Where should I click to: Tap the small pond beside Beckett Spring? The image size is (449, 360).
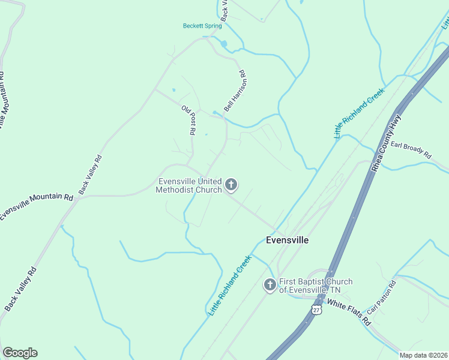pyautogui.click(x=224, y=44)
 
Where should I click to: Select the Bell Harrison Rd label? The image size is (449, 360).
pyautogui.click(x=236, y=91)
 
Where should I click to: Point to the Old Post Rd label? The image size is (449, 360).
pyautogui.click(x=188, y=120)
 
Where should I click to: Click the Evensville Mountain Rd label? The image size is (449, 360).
pyautogui.click(x=36, y=207)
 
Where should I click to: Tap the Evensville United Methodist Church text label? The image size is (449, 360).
pyautogui.click(x=190, y=185)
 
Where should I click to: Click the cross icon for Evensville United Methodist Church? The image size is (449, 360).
pyautogui.click(x=231, y=185)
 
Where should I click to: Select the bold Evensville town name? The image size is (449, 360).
pyautogui.click(x=287, y=240)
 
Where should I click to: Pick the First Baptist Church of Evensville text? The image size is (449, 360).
pyautogui.click(x=316, y=286)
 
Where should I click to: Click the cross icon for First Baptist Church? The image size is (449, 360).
pyautogui.click(x=270, y=285)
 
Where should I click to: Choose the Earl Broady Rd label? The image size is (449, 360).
pyautogui.click(x=411, y=150)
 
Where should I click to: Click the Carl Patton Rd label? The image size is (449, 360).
pyautogui.click(x=382, y=299)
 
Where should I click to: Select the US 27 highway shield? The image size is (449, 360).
pyautogui.click(x=316, y=309)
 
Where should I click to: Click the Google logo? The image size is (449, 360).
pyautogui.click(x=20, y=353)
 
